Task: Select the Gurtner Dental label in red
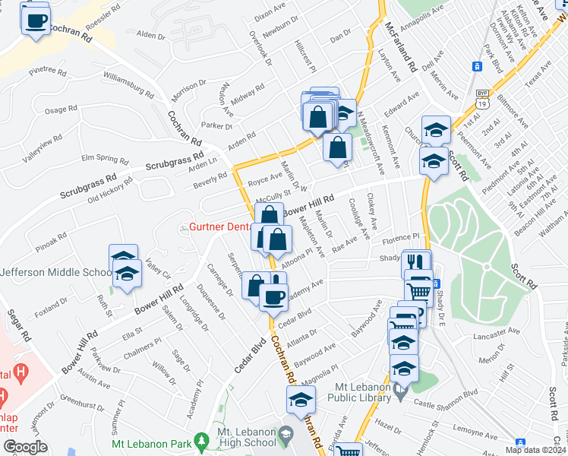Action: click(221, 227)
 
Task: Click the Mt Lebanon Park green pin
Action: click(201, 440)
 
